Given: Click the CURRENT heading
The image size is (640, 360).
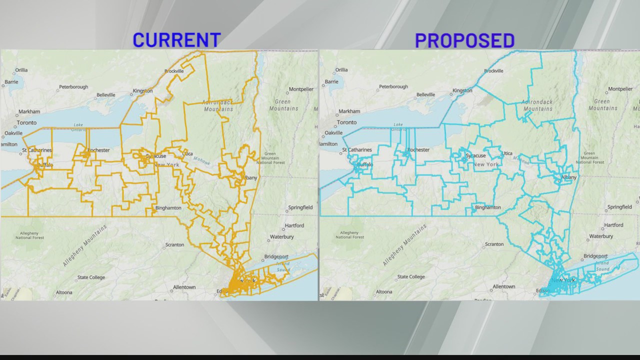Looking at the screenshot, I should point(176,40).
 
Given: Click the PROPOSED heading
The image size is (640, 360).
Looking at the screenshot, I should point(464,40).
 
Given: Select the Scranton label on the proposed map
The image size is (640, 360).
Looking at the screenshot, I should point(494,244).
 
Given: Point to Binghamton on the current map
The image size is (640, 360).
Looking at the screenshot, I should point(168,207).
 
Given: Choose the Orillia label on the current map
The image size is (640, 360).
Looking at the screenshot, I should point(21,70).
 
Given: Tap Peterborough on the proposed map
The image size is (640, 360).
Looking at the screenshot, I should point(393,86).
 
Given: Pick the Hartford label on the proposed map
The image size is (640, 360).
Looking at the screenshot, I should point(613,225).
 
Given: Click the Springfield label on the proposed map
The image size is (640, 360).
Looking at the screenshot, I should point(619,207).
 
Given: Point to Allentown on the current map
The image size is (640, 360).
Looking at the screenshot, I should point(184,287).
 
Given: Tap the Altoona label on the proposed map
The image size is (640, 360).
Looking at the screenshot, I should point(383,291).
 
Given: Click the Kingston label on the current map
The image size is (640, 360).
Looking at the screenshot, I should point(142,91).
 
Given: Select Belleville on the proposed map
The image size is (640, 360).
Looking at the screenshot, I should point(425,94).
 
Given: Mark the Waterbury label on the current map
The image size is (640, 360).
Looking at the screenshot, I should point(281,236).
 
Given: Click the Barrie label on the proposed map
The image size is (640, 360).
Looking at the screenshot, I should point(331,81).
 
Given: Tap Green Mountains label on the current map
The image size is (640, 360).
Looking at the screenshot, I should point(283,105).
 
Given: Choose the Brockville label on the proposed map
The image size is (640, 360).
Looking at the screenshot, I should point(493,71).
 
